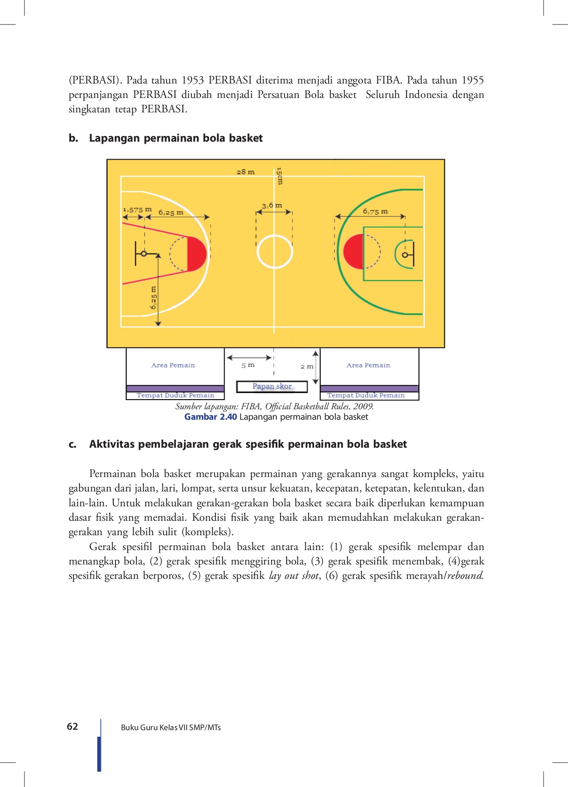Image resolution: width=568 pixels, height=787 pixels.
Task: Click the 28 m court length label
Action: [246, 172]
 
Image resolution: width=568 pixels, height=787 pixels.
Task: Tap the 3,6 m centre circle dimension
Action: [272, 205]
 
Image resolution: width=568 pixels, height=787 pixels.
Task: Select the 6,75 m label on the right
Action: [375, 211]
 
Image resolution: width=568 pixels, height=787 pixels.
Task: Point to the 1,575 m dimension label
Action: [137, 209]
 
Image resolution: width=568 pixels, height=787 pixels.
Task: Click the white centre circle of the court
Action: [275, 251]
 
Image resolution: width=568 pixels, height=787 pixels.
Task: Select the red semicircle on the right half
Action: [353, 251]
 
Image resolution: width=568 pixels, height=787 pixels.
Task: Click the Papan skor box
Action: [272, 387]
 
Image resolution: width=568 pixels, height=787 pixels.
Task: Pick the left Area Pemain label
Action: [173, 365]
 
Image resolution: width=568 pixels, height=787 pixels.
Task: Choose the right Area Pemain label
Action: [368, 365]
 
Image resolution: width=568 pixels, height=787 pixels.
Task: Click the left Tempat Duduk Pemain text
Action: [175, 395]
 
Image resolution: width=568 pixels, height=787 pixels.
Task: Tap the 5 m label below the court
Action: [248, 365]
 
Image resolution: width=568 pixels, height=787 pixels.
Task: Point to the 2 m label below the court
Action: [307, 366]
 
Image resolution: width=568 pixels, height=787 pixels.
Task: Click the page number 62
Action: [73, 726]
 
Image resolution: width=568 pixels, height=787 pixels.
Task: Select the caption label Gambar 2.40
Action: [211, 417]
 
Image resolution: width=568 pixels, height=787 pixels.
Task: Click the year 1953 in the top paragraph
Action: [192, 80]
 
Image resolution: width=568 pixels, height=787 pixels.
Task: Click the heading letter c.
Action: [73, 444]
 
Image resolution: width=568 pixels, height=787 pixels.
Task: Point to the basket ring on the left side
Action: [143, 253]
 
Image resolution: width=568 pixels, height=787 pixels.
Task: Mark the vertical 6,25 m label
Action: [153, 298]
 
